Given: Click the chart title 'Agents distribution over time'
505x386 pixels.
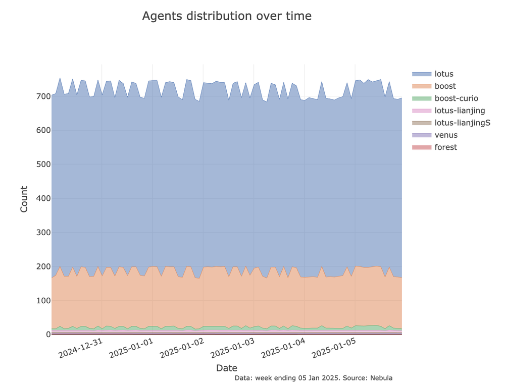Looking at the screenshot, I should [227, 16].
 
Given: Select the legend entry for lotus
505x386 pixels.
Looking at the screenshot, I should [444, 74].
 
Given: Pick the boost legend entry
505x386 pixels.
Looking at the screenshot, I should [445, 86].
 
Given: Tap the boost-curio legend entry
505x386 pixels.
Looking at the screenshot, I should [456, 98].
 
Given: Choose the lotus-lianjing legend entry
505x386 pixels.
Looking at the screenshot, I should [460, 111].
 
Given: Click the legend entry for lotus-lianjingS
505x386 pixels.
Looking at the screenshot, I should [462, 123].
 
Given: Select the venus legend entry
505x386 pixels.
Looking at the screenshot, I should [446, 135].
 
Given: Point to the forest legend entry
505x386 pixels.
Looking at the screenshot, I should [445, 147].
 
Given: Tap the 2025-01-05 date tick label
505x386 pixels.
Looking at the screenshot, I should [334, 348].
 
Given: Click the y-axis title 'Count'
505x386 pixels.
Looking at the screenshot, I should [24, 199].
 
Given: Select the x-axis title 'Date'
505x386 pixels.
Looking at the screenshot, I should [227, 368].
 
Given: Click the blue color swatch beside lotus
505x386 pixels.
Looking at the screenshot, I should [422, 74].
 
